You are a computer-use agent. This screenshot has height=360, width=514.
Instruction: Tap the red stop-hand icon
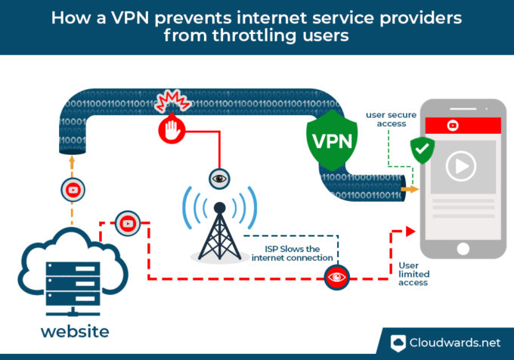tap(172, 130)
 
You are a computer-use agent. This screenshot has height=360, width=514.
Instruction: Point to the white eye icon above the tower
tap(219, 178)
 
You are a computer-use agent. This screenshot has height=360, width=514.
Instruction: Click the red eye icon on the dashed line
tap(336, 278)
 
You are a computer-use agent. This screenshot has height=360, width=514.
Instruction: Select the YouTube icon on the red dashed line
tap(125, 223)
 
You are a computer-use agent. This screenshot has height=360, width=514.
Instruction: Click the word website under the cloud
tap(74, 331)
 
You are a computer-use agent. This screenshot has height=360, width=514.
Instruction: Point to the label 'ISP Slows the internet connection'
tap(293, 253)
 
